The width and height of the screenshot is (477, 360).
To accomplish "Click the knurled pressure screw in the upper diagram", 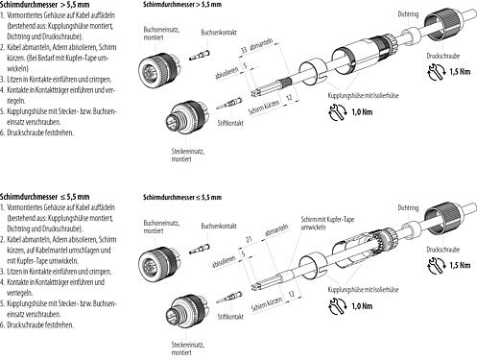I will click(x=447, y=30).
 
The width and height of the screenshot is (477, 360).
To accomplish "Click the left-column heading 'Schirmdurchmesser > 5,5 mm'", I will click(x=41, y=6).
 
